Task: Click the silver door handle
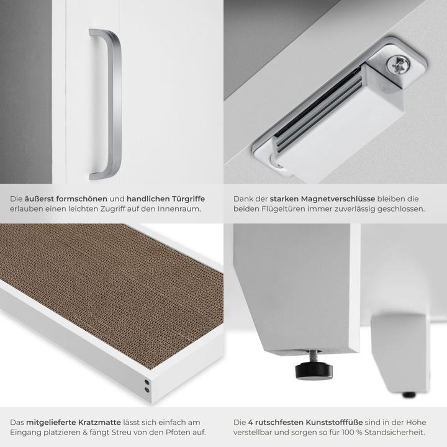coord(109,106)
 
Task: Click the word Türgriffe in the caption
coord(184,199)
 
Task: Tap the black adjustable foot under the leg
coord(314,370)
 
